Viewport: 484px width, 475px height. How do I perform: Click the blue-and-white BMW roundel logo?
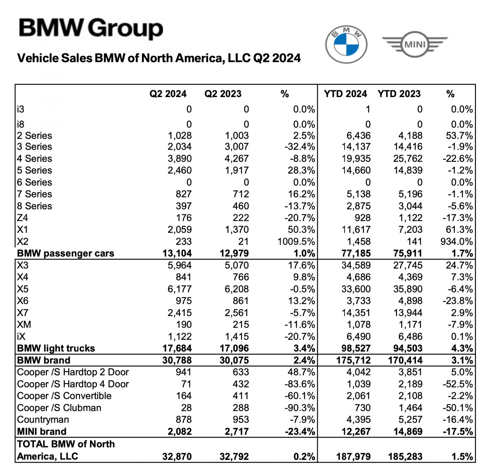point(346,45)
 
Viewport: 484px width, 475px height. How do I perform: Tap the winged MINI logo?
point(415,45)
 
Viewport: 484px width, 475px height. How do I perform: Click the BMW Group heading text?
point(91,28)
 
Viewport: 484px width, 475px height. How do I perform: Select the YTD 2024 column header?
point(345,94)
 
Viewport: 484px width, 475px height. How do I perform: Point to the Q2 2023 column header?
point(223,94)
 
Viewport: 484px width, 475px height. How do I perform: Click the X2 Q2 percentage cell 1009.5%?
point(296,242)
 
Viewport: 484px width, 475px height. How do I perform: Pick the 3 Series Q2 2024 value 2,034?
point(180,147)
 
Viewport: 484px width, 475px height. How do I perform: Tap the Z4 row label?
point(23,218)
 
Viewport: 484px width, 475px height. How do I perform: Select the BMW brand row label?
point(44,360)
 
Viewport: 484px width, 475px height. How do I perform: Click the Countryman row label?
point(43,420)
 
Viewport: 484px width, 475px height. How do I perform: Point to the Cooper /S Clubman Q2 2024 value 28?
point(186,408)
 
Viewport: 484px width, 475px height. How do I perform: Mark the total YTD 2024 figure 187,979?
point(353,456)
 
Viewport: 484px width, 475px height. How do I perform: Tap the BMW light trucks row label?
point(56,349)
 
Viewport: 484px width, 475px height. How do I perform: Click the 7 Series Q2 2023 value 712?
point(241,194)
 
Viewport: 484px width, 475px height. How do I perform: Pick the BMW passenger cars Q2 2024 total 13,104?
point(177,254)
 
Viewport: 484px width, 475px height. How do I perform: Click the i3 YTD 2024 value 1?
point(368,109)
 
